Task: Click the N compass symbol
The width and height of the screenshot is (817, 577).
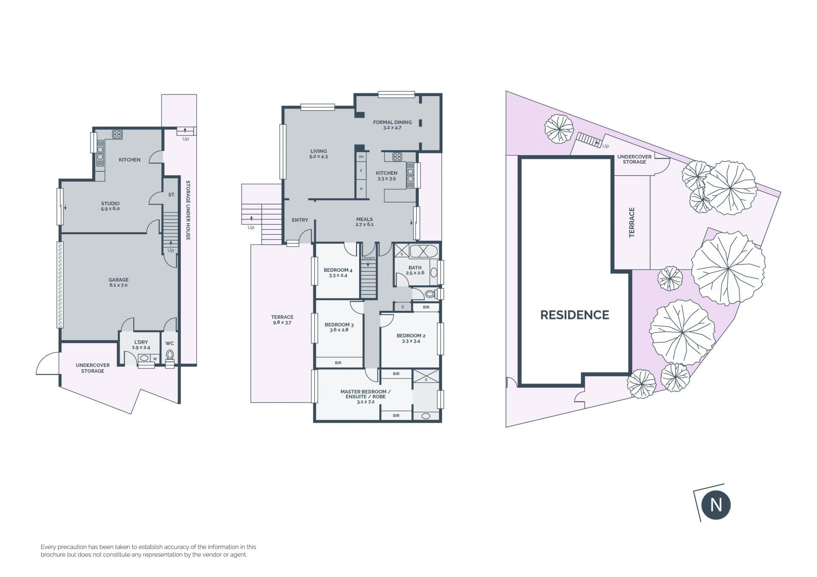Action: [716, 505]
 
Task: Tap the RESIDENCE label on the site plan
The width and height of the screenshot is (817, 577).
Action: [574, 315]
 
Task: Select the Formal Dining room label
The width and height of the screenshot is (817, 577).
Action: [392, 125]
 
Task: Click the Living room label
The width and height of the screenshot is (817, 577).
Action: [318, 153]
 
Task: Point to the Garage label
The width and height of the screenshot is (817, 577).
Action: [118, 282]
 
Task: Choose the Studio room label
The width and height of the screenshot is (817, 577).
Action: [110, 206]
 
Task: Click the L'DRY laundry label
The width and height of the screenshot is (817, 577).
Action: [141, 344]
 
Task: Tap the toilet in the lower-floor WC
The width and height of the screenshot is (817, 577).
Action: [170, 355]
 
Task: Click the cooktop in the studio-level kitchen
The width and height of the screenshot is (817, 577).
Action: [117, 134]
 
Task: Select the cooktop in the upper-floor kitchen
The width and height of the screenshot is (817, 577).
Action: [397, 156]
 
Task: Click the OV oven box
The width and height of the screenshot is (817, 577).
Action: [361, 156]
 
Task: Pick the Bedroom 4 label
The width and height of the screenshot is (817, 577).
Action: [338, 273]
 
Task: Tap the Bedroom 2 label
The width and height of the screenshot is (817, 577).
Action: [411, 338]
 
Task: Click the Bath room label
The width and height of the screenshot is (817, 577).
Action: [415, 270]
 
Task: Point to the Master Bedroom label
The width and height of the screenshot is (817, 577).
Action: [366, 396]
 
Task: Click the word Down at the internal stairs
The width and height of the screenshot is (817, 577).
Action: [369, 258]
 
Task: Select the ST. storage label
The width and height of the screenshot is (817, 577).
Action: [171, 195]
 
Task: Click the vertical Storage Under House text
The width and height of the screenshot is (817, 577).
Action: [188, 210]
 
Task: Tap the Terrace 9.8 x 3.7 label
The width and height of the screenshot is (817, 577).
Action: [282, 320]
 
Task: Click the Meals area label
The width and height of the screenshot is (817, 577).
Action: [365, 222]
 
